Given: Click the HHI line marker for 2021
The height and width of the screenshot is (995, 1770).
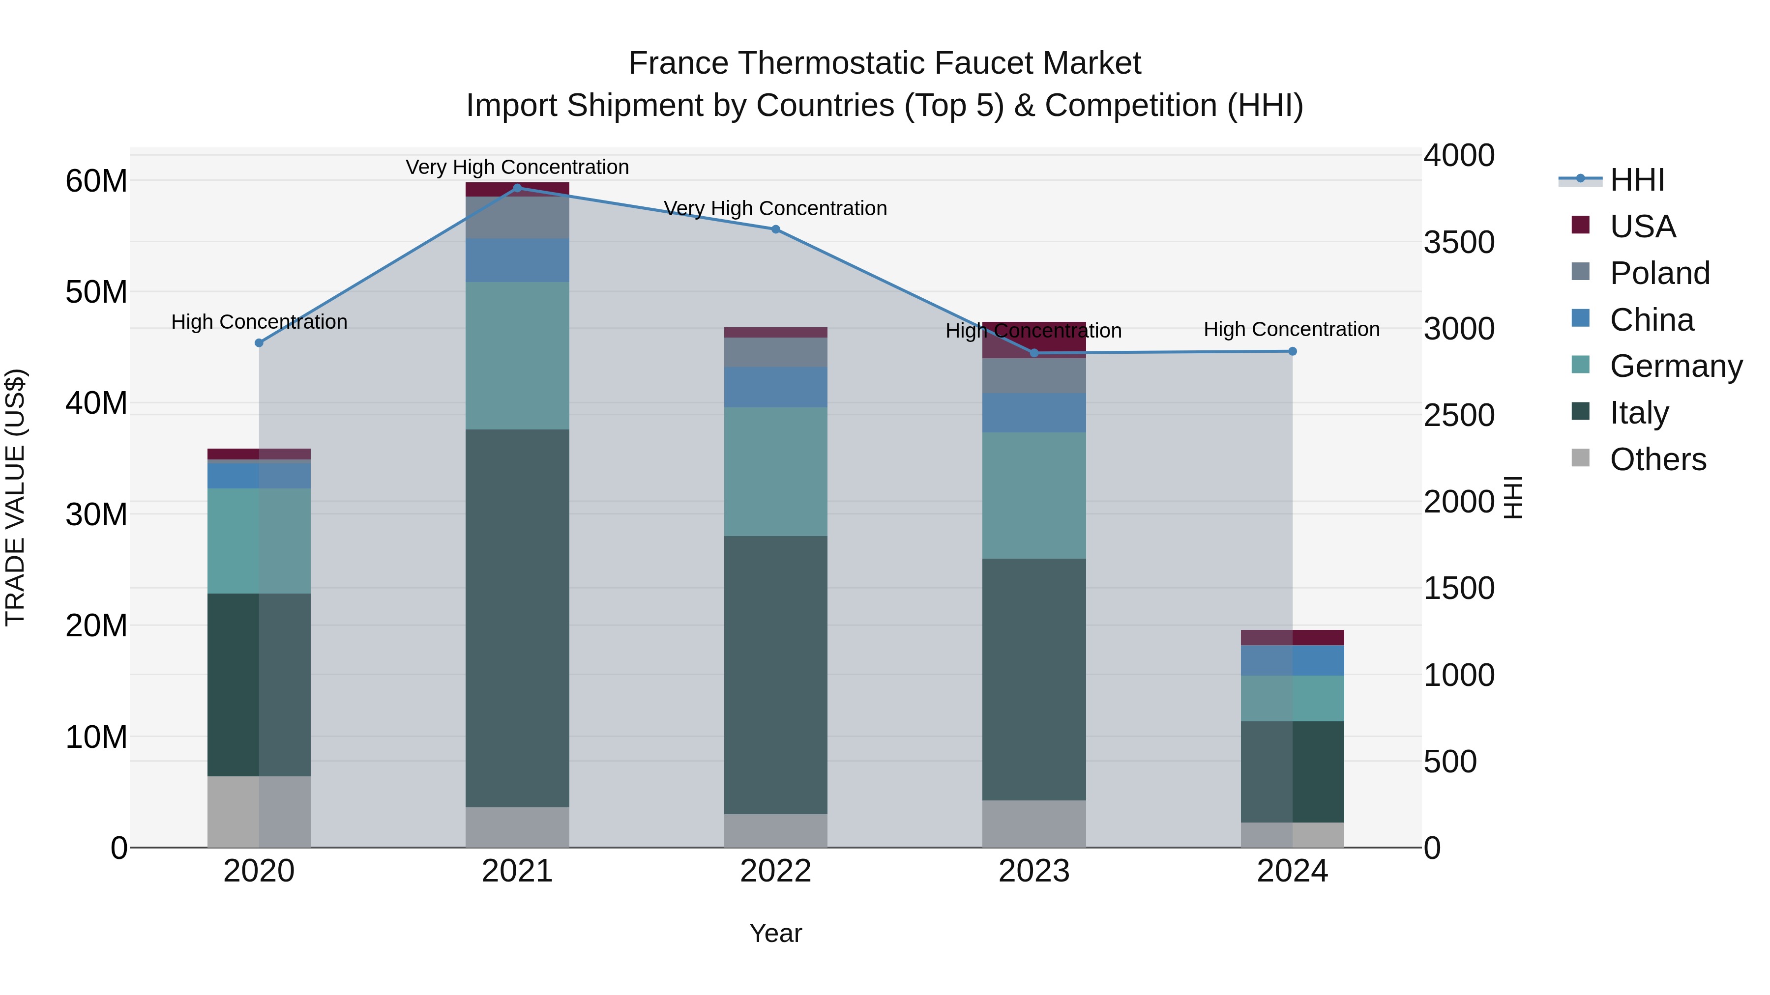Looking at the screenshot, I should [517, 188].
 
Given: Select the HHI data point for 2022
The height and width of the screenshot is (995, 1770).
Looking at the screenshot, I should [776, 229].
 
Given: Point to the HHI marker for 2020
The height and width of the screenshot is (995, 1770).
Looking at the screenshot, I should [259, 342].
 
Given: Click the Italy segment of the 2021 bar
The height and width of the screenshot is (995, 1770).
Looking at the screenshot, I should [517, 618].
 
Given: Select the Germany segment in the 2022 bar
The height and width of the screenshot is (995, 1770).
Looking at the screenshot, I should [776, 472].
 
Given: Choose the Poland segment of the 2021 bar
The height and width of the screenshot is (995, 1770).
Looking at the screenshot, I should [517, 218].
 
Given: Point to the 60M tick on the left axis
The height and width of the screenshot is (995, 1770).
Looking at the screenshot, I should [96, 181].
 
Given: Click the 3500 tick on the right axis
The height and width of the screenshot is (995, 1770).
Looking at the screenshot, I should [1459, 242].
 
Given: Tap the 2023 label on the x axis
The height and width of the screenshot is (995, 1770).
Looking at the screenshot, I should [1034, 871].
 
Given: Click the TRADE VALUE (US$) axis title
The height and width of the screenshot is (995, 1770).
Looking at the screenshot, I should [16, 497].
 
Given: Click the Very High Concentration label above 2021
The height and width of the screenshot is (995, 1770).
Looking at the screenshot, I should [517, 167].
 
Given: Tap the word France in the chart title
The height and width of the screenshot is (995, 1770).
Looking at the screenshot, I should [678, 64].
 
